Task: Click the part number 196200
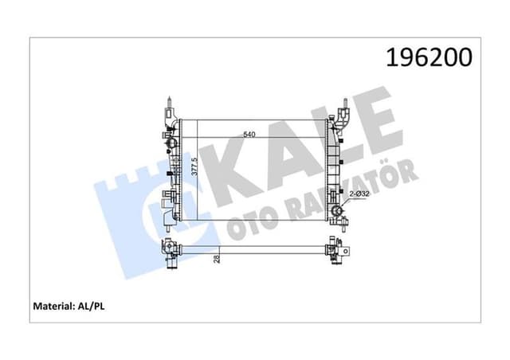(x=429, y=57)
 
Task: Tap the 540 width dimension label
(x=249, y=135)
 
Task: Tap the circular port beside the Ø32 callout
(x=340, y=213)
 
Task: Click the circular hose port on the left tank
(x=169, y=143)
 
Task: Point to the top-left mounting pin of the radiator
(x=170, y=103)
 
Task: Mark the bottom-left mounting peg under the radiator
(x=167, y=226)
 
